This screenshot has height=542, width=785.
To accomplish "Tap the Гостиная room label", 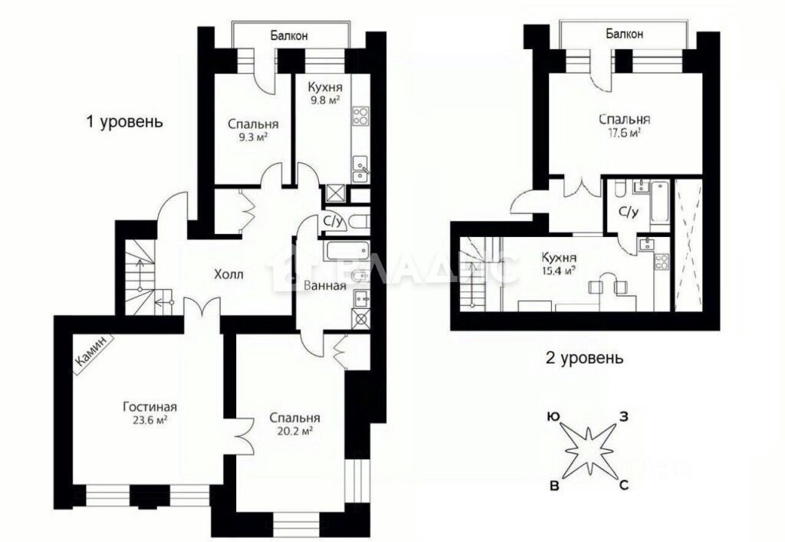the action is (149, 407).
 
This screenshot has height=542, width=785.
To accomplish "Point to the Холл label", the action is (228, 274).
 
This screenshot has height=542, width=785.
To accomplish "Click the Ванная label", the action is (325, 286).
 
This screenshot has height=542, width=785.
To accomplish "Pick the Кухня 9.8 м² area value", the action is (325, 100).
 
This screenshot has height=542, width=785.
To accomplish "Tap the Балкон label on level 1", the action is (289, 35).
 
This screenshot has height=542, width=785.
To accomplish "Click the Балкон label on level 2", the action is (624, 34).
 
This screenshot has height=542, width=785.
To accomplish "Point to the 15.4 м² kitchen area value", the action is (558, 271).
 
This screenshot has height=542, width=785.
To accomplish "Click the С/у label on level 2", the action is (629, 212).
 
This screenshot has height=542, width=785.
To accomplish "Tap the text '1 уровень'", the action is (125, 122).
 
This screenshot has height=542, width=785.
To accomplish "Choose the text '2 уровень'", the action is (584, 358).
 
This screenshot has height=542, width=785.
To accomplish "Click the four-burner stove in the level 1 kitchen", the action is (360, 116).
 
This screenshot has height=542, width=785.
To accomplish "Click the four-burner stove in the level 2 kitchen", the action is (662, 261).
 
